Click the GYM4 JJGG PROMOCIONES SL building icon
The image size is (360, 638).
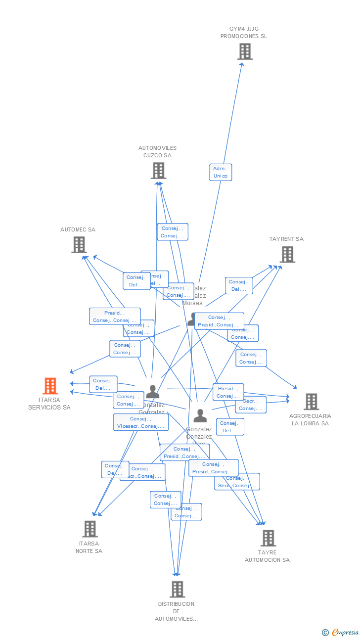point(245,51)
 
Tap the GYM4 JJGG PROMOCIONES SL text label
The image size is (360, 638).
point(243,33)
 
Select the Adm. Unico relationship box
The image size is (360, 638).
point(221,172)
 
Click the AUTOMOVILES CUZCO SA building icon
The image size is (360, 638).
point(158,171)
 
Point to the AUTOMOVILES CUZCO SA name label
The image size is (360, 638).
point(157,152)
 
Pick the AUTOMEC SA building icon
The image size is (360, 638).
point(79,245)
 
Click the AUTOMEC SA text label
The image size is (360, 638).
point(78,229)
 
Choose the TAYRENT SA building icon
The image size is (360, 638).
point(287,254)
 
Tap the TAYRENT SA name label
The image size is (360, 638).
point(286,239)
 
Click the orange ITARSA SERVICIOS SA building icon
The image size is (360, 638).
point(50,386)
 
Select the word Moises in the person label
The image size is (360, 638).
point(192,303)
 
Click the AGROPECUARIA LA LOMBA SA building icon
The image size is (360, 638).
point(311,402)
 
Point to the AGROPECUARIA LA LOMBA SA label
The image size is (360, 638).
point(310,419)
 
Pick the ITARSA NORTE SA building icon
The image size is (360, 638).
point(90,529)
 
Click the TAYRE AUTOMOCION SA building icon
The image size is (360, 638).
point(268,538)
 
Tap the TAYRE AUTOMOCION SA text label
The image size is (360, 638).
point(267,556)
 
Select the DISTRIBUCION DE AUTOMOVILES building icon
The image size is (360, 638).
point(177,589)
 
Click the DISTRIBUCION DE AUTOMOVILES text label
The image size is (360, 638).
point(176,611)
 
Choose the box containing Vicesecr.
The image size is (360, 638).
point(141,422)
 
